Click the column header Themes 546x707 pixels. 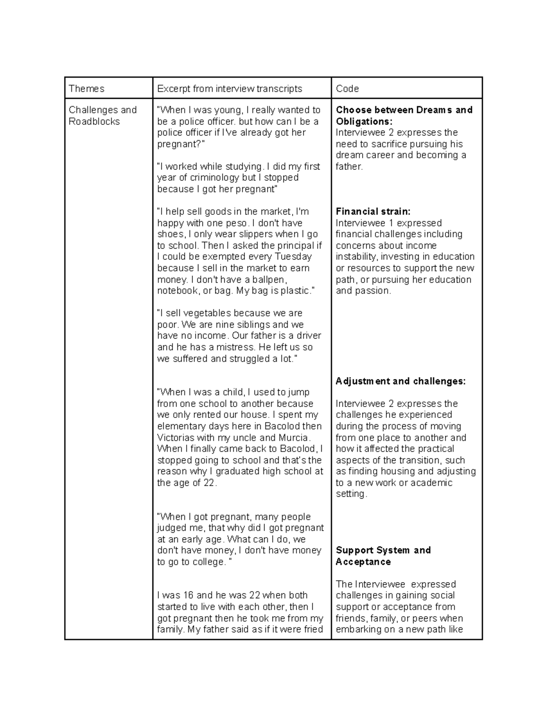86,88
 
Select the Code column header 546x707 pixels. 347,88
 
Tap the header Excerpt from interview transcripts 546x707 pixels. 229,88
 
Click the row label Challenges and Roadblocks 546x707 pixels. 102,116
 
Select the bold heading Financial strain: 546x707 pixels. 373,211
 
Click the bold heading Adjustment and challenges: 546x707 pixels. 400,381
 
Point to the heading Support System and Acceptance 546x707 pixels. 383,555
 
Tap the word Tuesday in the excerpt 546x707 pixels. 294,256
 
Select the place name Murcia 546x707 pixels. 294,437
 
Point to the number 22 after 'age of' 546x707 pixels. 209,483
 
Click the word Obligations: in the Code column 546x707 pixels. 364,121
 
